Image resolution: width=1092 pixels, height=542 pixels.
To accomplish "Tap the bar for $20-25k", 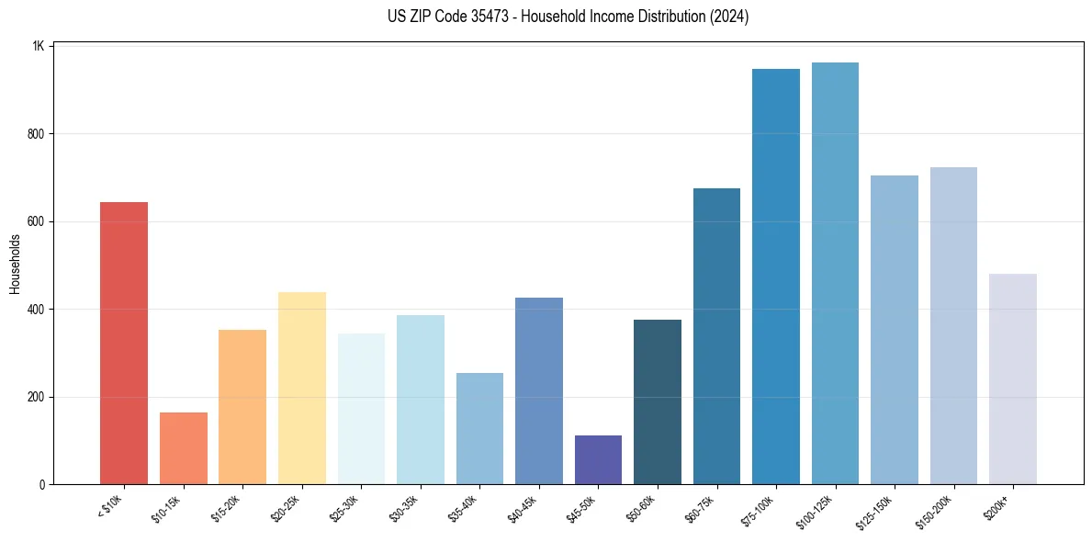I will point(301,388).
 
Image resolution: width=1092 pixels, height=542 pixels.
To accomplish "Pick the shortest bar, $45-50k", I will point(598,459).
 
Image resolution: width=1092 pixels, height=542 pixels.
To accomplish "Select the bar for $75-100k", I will point(775,277).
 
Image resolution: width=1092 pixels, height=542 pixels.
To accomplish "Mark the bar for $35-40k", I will point(479,428).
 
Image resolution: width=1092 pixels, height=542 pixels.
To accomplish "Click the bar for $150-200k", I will point(953,325).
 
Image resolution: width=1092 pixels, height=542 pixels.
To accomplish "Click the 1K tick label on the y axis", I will point(39,46).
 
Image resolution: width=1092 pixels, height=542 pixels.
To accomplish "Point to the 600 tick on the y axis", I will point(37,221).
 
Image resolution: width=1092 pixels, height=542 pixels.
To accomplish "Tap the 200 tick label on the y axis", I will point(37,397).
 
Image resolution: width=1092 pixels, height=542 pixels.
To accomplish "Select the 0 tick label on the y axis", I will point(42,484).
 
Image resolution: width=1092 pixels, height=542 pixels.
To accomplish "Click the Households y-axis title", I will point(15,264).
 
